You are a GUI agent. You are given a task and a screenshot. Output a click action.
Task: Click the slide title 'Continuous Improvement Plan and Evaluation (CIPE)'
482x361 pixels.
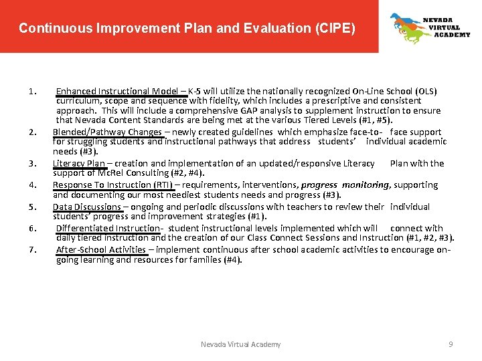coord(187,29)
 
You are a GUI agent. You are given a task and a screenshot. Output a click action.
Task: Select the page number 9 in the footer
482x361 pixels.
coord(451,344)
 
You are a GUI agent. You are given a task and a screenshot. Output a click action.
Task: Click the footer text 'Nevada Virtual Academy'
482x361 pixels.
coord(241,344)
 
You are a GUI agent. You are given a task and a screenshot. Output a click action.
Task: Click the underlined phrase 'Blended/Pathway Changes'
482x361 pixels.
coord(107,132)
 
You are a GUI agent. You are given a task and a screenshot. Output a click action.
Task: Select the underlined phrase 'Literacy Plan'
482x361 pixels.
coord(79,163)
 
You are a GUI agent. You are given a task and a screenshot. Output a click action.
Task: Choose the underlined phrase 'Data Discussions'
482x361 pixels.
coord(87,207)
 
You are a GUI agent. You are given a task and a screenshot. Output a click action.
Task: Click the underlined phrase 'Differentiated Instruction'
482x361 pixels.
coord(108,229)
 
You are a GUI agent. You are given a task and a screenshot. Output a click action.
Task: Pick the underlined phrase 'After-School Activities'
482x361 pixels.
coord(101,250)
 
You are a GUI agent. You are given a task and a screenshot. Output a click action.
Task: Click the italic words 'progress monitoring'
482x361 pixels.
coord(345,185)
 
